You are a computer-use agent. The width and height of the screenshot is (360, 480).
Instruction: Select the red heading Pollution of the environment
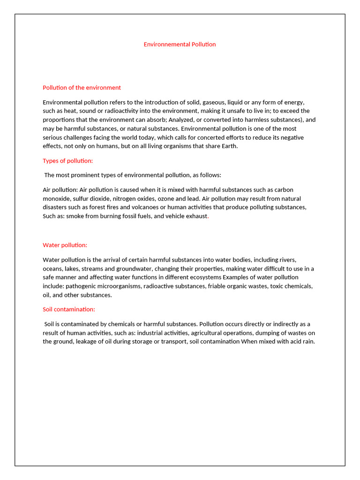tap(82, 88)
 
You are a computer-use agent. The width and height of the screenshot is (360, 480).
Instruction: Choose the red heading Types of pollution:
tap(68, 161)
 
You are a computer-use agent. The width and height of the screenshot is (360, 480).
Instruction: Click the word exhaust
tap(196, 216)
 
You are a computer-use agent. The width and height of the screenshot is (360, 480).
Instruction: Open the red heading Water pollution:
tap(65, 245)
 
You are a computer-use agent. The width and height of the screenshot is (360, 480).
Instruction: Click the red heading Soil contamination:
tap(69, 309)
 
